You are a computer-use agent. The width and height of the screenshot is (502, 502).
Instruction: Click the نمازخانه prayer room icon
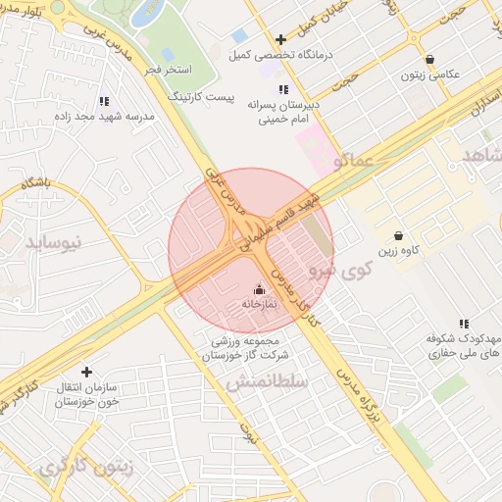tap(259, 289)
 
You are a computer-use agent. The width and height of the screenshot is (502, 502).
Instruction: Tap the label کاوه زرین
tap(401, 250)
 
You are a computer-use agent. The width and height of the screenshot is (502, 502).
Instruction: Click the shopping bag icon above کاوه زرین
tap(398, 235)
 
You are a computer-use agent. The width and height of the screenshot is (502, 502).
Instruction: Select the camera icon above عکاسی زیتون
tap(431, 60)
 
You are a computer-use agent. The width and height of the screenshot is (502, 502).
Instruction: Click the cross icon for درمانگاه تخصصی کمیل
tap(281, 40)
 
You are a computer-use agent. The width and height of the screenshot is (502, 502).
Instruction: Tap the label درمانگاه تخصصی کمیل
tap(279, 56)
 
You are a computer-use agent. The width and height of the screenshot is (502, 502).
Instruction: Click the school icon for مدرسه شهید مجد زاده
tap(105, 101)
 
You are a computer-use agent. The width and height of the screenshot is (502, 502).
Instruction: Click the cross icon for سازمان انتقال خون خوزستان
tap(87, 372)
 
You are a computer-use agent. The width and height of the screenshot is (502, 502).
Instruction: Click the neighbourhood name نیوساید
tap(55, 240)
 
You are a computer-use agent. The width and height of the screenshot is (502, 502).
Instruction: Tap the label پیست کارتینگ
tap(203, 98)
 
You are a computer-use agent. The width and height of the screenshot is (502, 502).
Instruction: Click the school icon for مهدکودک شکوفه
tap(464, 324)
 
